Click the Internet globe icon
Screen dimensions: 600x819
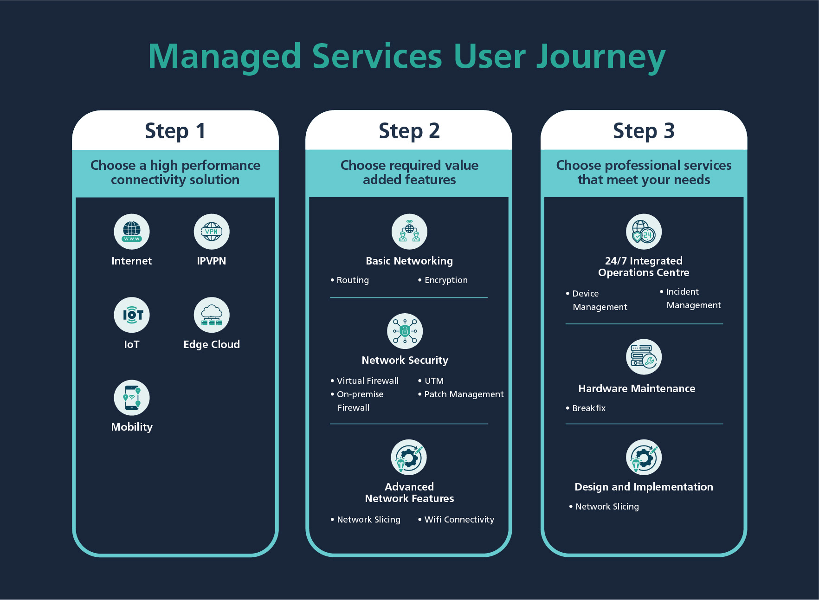(132, 232)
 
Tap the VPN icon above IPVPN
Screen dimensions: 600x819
(212, 232)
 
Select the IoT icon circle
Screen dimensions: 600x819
(132, 315)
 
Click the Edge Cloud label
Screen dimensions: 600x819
(212, 344)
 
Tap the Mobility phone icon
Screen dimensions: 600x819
(132, 398)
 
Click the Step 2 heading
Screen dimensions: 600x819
(409, 131)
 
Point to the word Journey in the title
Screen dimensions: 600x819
(601, 57)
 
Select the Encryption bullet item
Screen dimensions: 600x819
(445, 280)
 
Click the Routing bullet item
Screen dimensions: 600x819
(352, 280)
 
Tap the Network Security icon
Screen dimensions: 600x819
(405, 331)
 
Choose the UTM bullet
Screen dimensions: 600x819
(434, 381)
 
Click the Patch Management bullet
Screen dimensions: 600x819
(463, 394)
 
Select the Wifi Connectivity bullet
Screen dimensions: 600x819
(458, 520)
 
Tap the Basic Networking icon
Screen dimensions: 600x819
(409, 232)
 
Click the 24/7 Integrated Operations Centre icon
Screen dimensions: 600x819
(644, 232)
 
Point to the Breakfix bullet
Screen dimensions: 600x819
(588, 408)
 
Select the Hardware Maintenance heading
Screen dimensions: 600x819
(637, 388)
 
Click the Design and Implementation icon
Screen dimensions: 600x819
(644, 457)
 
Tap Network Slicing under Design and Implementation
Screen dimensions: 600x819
(606, 507)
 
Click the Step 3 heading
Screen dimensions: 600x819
(644, 131)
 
